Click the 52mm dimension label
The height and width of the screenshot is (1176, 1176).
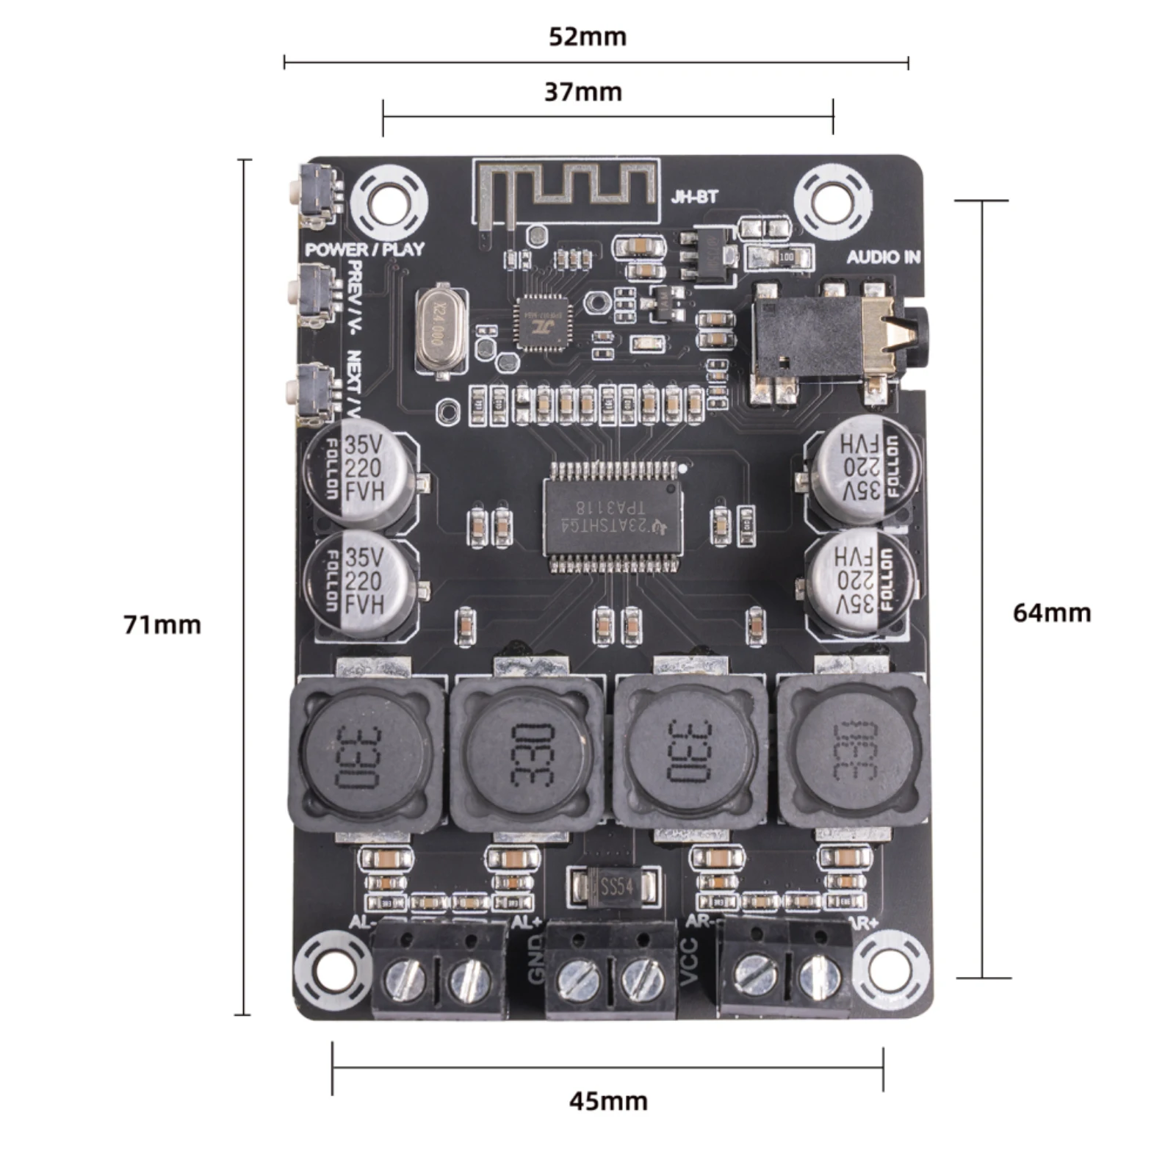pos(587,37)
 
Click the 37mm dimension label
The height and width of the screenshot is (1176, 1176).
pos(582,93)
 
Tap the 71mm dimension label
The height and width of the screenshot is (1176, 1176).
pos(162,625)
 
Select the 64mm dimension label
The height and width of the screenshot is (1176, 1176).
pos(1051,613)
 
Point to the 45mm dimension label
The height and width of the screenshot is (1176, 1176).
pos(608,1101)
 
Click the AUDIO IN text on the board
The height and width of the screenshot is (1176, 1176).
pos(883,257)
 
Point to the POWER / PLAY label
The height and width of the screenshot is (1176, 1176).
pos(364,249)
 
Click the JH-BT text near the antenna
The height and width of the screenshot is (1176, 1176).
pos(693,197)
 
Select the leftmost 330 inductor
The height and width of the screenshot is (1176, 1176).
pos(365,756)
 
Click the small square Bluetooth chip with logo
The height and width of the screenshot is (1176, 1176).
pos(544,322)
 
